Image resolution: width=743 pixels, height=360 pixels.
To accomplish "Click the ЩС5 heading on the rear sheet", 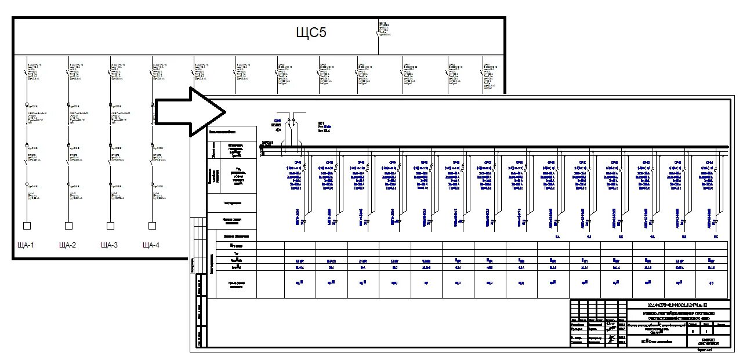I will (x=311, y=32).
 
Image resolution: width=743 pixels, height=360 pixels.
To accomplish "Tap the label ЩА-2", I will (x=68, y=245).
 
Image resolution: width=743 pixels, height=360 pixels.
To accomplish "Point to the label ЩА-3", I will (x=109, y=245).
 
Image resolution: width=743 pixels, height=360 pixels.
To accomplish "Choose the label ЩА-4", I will (x=151, y=245).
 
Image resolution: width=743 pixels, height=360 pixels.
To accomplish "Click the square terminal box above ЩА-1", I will (x=26, y=226).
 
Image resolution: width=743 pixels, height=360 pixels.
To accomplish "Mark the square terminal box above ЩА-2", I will (x=68, y=226).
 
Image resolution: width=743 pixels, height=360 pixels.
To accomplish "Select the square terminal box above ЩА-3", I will (x=110, y=226).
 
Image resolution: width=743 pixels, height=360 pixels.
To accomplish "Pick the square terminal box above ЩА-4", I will (x=152, y=226).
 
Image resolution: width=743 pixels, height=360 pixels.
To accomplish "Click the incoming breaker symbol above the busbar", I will (x=293, y=122).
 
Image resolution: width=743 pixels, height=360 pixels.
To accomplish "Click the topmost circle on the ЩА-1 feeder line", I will (x=27, y=106).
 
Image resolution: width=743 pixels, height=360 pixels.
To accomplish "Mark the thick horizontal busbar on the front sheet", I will (x=493, y=147).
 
